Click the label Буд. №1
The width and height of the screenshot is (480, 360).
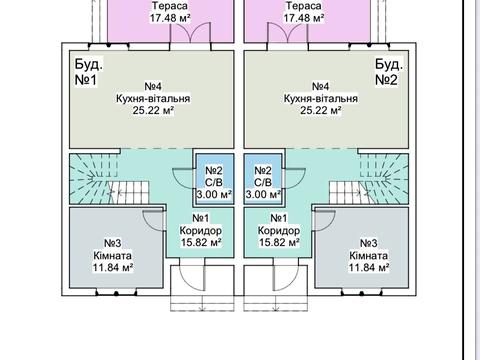(x=88, y=72)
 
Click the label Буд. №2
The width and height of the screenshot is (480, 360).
(x=389, y=72)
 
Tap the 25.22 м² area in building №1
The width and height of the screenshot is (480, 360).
(x=153, y=110)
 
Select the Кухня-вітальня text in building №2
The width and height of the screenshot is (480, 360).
(x=321, y=98)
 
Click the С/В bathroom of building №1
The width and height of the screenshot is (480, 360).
(x=214, y=182)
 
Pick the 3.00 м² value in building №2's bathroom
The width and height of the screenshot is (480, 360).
(x=263, y=194)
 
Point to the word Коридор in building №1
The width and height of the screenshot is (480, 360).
(x=201, y=230)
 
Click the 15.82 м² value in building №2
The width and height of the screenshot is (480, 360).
(x=279, y=242)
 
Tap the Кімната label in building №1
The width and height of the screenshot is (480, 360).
(x=112, y=256)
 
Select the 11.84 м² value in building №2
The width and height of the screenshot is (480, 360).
(x=369, y=267)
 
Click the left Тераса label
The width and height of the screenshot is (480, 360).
(x=170, y=6)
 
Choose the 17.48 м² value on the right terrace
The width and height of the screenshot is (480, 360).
(x=304, y=17)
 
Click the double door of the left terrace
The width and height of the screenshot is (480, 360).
(x=191, y=33)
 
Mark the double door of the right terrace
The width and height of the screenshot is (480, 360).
(x=287, y=33)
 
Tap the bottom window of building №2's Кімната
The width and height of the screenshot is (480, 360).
(x=362, y=293)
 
